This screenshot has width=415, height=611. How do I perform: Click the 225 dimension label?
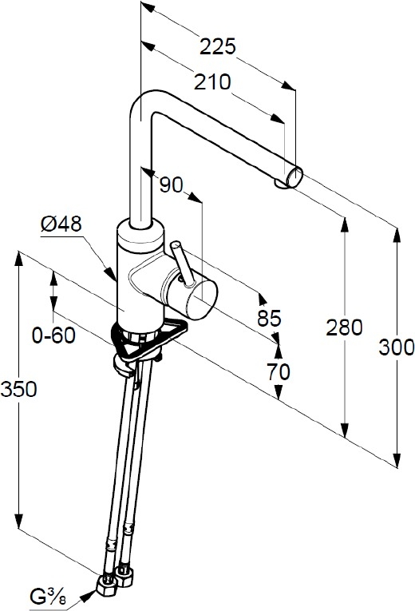pyautogui.click(x=218, y=46)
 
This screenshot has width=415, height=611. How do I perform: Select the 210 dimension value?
pyautogui.click(x=212, y=81)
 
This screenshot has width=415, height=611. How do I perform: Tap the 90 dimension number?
pyautogui.click(x=171, y=184)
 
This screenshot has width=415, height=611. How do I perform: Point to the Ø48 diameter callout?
pyautogui.click(x=61, y=224)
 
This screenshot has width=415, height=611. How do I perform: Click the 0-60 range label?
pyautogui.click(x=53, y=335)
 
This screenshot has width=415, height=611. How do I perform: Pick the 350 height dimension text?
pyautogui.click(x=18, y=389)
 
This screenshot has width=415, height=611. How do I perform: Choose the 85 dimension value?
pyautogui.click(x=269, y=319)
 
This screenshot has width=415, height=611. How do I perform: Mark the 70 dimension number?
pyautogui.click(x=279, y=371)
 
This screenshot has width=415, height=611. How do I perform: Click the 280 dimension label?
pyautogui.click(x=344, y=327)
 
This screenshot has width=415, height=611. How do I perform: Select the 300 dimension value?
pyautogui.click(x=397, y=347)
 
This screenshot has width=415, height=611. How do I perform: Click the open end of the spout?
pyautogui.click(x=294, y=177)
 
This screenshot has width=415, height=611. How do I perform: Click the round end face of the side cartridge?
pyautogui.click(x=201, y=300)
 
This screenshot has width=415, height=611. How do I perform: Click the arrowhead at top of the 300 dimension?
pyautogui.click(x=397, y=236)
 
